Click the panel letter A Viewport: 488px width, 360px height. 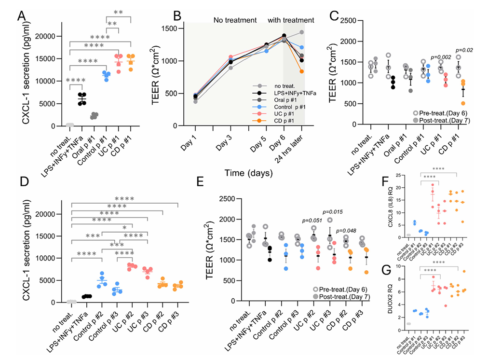(x=22, y=16)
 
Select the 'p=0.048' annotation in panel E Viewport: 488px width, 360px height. (x=346, y=231)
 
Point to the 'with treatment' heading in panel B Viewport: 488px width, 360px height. (x=291, y=20)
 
